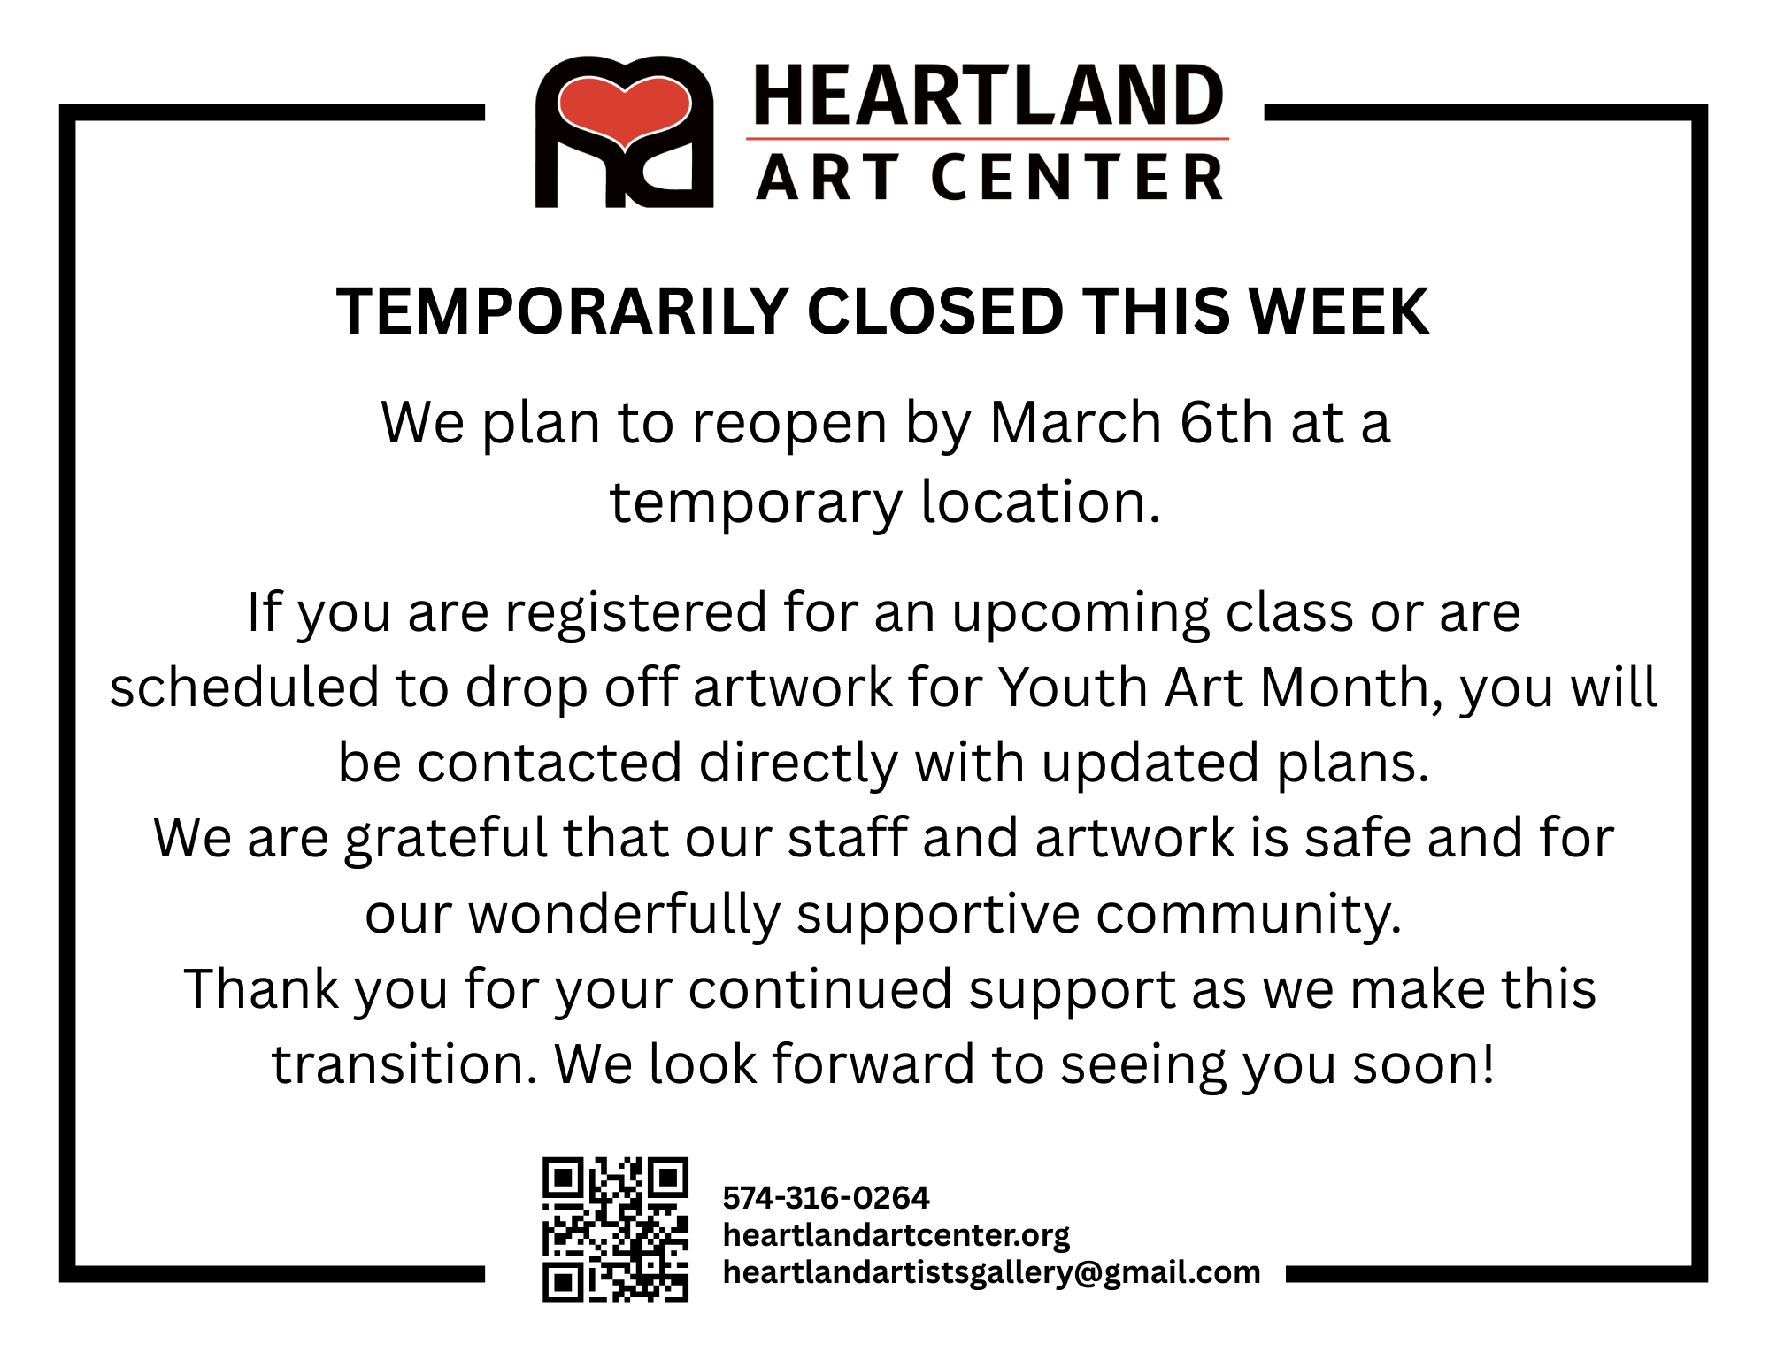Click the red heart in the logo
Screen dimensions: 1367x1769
pyautogui.click(x=624, y=109)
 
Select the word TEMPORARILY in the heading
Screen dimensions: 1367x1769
pyautogui.click(x=563, y=312)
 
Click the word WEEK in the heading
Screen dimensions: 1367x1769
pyautogui.click(x=1338, y=312)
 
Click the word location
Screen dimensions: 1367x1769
pyautogui.click(x=1040, y=502)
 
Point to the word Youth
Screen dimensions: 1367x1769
pyautogui.click(x=1073, y=687)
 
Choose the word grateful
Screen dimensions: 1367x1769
pyautogui.click(x=446, y=839)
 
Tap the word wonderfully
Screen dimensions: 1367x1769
pyautogui.click(x=624, y=914)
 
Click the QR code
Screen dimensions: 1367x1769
pyautogui.click(x=615, y=1230)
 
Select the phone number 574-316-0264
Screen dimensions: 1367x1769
pyautogui.click(x=826, y=1198)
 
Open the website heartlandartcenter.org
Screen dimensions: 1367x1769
pyautogui.click(x=896, y=1235)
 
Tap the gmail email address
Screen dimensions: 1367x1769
pyautogui.click(x=991, y=1272)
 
